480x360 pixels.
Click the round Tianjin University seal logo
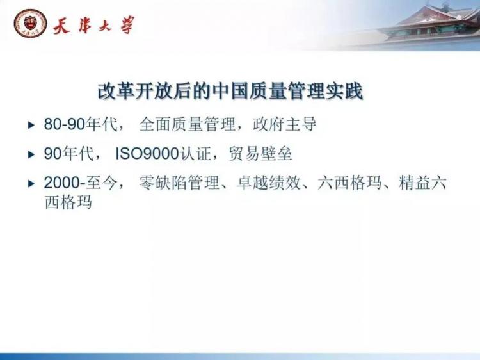point(30,23)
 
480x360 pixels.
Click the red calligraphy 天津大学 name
point(93,25)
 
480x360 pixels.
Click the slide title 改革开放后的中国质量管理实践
point(230,91)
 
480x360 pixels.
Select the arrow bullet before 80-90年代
point(31,125)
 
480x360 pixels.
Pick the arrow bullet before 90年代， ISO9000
point(31,154)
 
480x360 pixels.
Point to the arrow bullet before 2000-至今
point(31,184)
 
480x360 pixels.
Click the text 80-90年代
point(81,124)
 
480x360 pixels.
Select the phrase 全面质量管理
point(187,124)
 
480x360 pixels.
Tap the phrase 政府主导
point(284,124)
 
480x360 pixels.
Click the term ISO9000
point(147,154)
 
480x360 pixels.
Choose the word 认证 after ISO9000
point(196,154)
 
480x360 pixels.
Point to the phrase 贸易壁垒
point(260,154)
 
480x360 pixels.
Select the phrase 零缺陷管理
point(179,183)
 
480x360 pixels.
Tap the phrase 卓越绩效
point(268,183)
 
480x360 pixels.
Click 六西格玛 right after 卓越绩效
point(350,183)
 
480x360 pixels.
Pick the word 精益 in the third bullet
point(415,183)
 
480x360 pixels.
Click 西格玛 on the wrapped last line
point(68,202)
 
